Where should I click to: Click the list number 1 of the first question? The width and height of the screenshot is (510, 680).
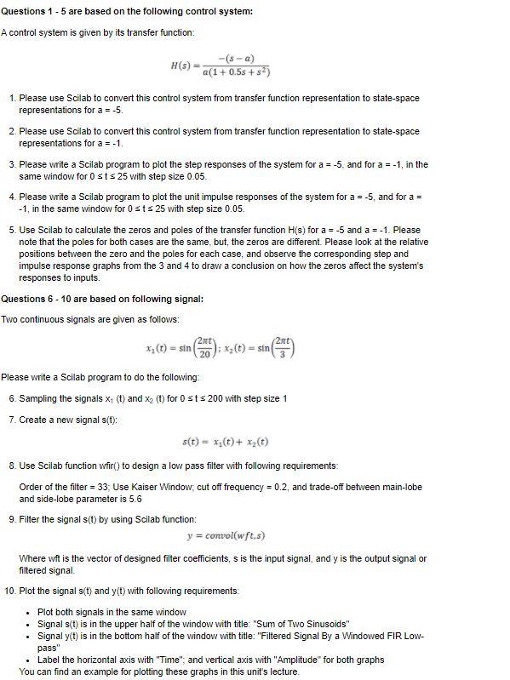point(12,99)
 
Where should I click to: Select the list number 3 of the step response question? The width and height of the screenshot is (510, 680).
point(12,164)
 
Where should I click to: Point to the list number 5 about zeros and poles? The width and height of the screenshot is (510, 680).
point(12,230)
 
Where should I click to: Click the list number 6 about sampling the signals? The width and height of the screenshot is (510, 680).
point(12,398)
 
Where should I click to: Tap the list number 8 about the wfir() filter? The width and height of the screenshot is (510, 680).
point(12,466)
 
